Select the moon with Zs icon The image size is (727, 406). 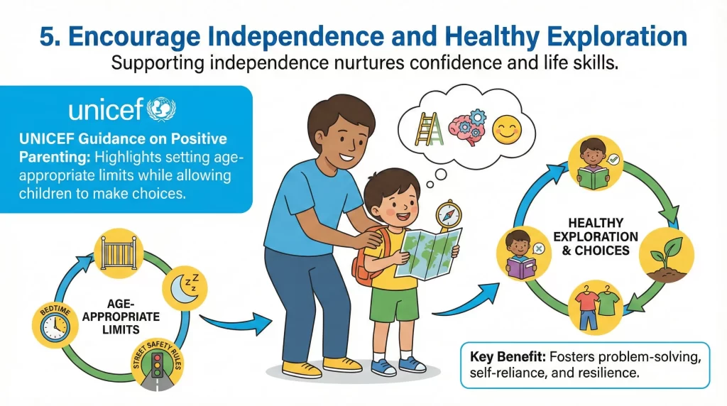pos(187,287)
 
